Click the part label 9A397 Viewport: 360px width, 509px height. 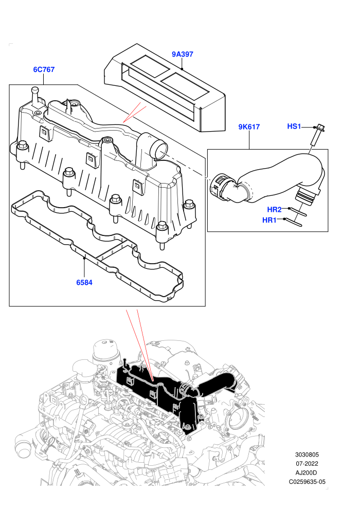(x=183, y=54)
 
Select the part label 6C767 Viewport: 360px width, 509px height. (x=44, y=69)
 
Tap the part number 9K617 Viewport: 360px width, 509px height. (x=249, y=126)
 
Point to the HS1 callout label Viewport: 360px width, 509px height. (x=294, y=126)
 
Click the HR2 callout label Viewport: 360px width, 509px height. (x=274, y=209)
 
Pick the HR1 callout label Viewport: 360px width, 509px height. (x=269, y=220)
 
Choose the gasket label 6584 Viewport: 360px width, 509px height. (x=84, y=282)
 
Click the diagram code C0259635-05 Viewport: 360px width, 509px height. (x=307, y=482)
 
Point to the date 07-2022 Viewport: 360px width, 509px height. (x=307, y=464)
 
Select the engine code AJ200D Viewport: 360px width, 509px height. (x=306, y=472)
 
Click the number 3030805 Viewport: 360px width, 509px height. (x=307, y=455)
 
